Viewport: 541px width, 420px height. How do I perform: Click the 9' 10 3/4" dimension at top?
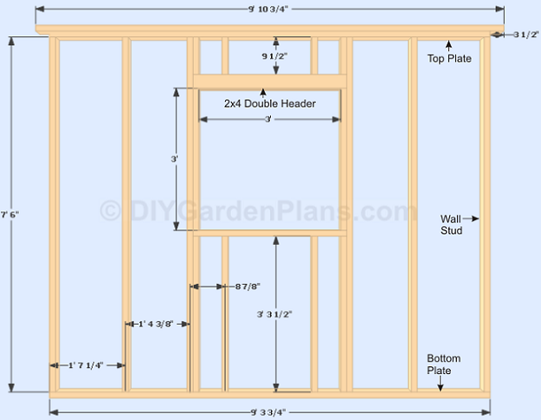(268, 10)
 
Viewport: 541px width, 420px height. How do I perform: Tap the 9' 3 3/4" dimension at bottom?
(268, 412)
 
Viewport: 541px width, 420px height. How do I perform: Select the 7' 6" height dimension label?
(10, 215)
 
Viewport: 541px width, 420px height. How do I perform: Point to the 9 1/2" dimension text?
(274, 56)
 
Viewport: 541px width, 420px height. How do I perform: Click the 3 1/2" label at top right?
(525, 35)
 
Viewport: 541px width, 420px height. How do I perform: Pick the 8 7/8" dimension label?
(248, 287)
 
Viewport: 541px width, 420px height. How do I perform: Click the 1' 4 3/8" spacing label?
(156, 324)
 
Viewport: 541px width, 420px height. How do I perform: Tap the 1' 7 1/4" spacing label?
(86, 365)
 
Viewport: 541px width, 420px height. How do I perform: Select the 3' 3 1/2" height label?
(274, 314)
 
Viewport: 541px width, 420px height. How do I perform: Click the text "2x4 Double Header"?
(270, 104)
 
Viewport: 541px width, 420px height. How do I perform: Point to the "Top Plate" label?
(449, 59)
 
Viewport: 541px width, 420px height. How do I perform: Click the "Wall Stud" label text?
(451, 224)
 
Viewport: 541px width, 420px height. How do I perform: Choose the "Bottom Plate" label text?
(444, 365)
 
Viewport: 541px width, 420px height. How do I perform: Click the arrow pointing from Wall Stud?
(471, 218)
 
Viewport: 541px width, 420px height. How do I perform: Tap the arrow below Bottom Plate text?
(440, 384)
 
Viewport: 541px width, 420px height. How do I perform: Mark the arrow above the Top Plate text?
(449, 46)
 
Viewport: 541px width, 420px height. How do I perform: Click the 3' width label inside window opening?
(267, 120)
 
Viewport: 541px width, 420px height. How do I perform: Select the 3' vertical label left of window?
(174, 159)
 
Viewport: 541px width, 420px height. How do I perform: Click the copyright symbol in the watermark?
(111, 210)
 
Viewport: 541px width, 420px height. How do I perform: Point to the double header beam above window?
(270, 81)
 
